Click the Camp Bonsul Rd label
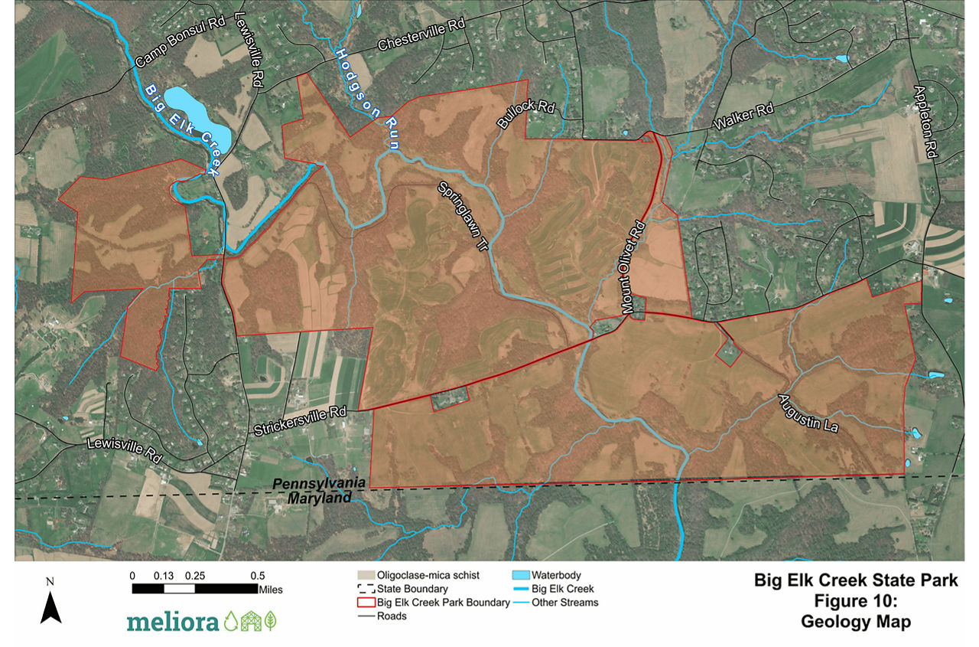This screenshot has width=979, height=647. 179,40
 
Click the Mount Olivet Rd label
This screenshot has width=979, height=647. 634,267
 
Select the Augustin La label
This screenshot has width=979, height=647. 809,414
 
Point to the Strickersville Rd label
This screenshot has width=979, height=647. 300,422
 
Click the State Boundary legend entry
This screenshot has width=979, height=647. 412,589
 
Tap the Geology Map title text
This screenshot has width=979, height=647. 855,622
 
